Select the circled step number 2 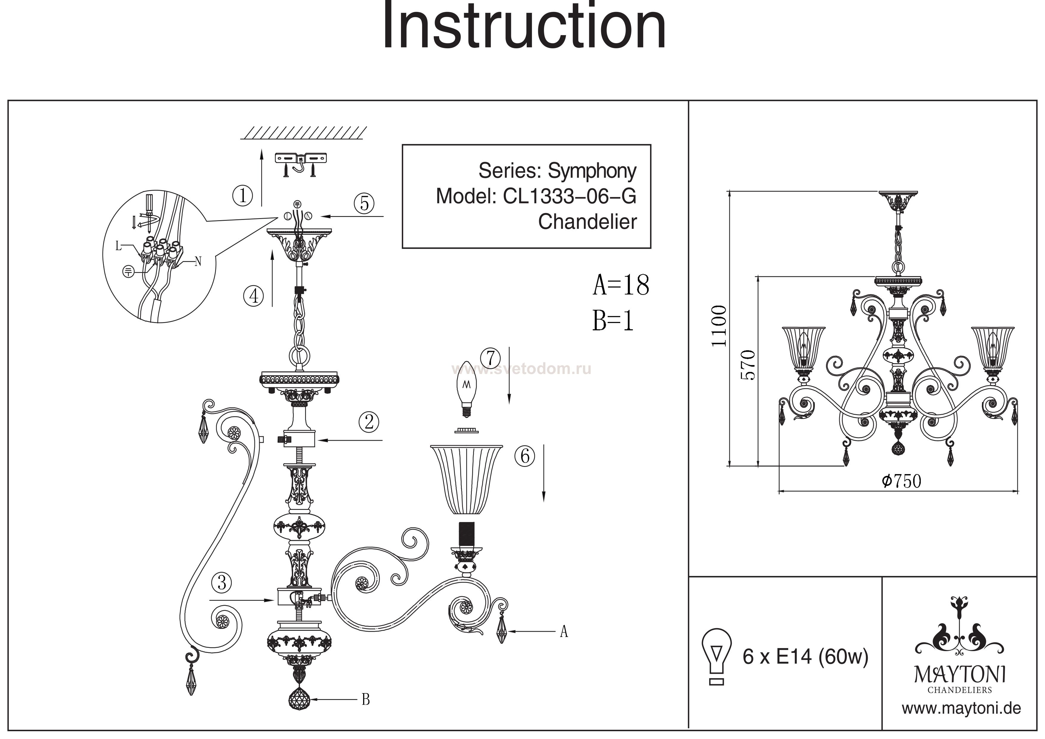click(369, 422)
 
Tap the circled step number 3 click(222, 582)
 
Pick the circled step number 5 click(364, 203)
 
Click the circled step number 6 click(525, 455)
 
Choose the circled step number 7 click(490, 358)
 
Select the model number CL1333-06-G click(569, 197)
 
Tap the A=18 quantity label click(621, 285)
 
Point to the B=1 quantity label click(613, 321)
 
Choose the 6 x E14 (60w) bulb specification click(805, 656)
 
